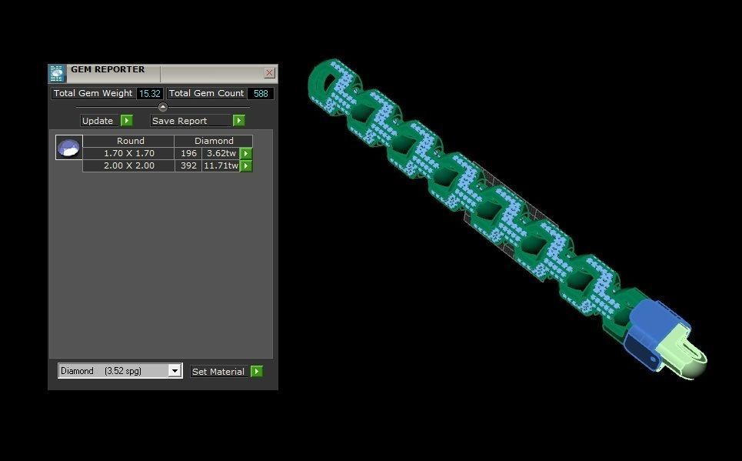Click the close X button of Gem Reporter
click(x=269, y=73)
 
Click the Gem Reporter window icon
click(x=57, y=73)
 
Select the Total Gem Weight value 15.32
click(x=149, y=94)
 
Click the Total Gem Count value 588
click(x=261, y=94)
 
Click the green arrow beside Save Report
click(x=239, y=121)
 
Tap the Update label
click(x=98, y=121)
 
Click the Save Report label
click(x=179, y=121)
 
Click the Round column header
click(x=129, y=141)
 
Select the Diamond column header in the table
click(x=213, y=141)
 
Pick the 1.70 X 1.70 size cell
click(x=129, y=153)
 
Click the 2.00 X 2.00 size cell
click(x=129, y=165)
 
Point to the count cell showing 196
click(x=188, y=153)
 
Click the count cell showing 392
click(x=188, y=165)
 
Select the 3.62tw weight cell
click(x=221, y=153)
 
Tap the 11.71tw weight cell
click(x=221, y=165)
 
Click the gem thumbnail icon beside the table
click(x=69, y=147)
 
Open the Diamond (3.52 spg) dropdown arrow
click(x=175, y=371)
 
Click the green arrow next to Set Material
click(x=257, y=372)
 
